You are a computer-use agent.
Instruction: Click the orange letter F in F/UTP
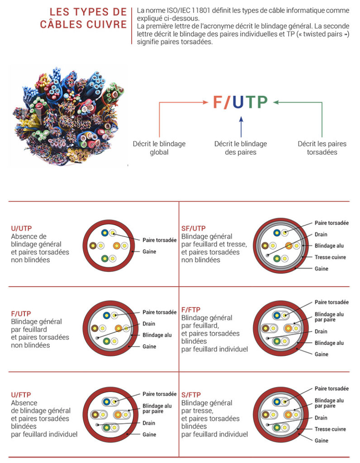coord(218,103)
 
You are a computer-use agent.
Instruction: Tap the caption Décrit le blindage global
coord(159,148)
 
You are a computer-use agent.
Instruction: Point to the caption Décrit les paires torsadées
coord(322,148)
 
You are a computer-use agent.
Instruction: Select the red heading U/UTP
coord(21,228)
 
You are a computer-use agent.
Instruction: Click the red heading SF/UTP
coord(194,228)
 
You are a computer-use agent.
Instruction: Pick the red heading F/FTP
coord(191,310)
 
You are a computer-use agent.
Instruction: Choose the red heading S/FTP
coord(191,395)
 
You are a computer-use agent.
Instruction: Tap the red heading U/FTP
coord(21,395)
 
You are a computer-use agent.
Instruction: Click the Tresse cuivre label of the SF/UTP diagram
coord(330,257)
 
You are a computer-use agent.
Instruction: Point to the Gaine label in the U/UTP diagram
coord(149,251)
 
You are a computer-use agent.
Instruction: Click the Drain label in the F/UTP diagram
coord(149,324)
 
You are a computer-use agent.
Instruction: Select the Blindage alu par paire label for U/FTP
coord(157,408)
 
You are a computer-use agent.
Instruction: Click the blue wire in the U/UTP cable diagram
coord(105,233)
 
